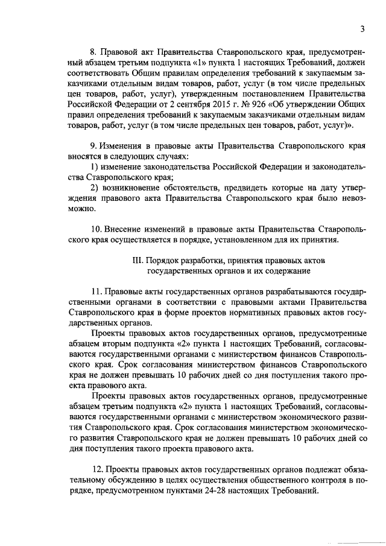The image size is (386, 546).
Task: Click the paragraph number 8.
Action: click(93, 54)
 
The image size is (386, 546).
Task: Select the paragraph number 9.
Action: click(93, 146)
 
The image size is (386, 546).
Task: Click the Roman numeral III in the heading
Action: click(136, 260)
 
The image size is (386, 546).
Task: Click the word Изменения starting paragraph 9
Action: click(124, 146)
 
